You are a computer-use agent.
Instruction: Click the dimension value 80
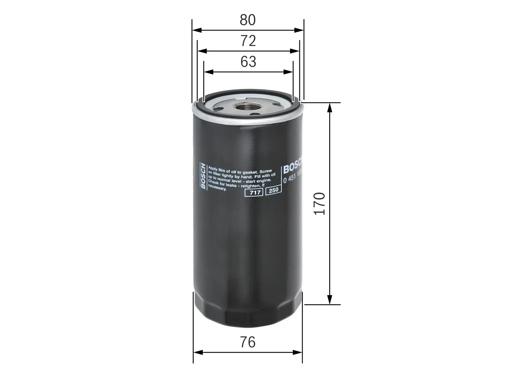(x=248, y=20)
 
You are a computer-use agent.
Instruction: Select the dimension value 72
(x=248, y=41)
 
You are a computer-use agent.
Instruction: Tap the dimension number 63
(x=248, y=62)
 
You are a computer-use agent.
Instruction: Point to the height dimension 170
(x=320, y=203)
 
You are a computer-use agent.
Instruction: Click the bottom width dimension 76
(x=248, y=342)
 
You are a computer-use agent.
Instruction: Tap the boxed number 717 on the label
(x=254, y=192)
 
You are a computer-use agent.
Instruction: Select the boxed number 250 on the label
(x=273, y=190)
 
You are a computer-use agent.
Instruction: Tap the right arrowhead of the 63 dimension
(x=289, y=72)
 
